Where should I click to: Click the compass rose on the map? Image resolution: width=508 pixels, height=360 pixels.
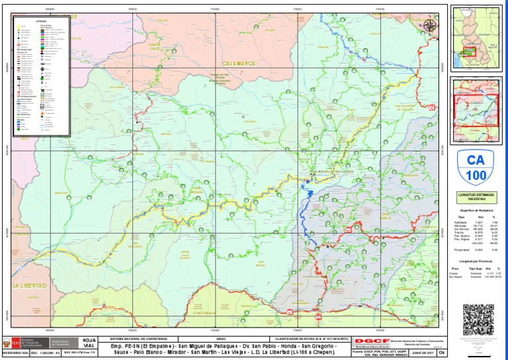[429, 26]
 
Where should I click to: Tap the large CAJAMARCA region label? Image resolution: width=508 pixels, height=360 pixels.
[239, 64]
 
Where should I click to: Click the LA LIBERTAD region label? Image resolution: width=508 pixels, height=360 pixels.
[30, 286]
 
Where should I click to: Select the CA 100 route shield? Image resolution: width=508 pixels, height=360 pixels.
[476, 167]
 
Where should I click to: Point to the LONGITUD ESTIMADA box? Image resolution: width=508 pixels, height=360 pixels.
[476, 197]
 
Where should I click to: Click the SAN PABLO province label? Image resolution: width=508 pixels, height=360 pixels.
[386, 218]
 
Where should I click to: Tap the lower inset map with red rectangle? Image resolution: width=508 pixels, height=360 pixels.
[476, 109]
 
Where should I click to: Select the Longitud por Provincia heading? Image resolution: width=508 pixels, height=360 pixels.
[476, 262]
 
